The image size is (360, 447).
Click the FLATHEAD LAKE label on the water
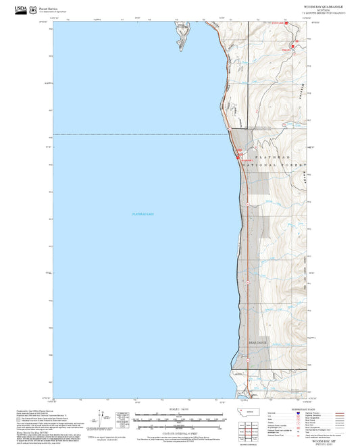pos(143,214)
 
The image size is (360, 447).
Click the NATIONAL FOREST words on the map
pos(268,165)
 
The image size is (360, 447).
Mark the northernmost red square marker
pos(286,23)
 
